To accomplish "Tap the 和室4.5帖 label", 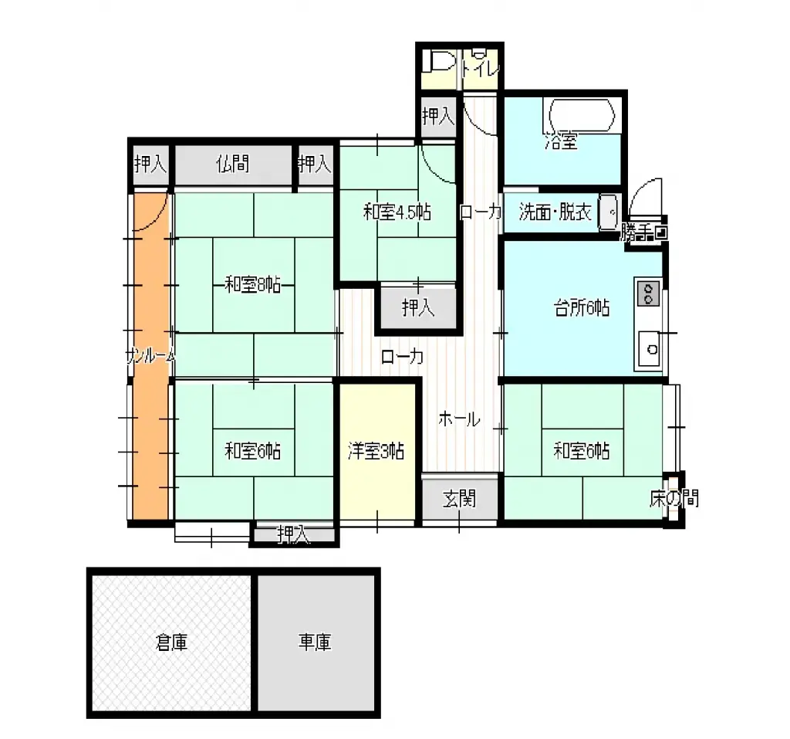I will click(x=397, y=212).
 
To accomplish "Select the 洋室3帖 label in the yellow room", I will click(x=376, y=451).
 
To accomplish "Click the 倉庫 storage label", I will click(x=171, y=642).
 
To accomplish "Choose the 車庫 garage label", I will click(x=315, y=642).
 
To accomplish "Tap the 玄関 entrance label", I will click(x=459, y=499).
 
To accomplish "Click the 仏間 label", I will click(x=232, y=164).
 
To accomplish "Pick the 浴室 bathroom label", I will click(x=561, y=141).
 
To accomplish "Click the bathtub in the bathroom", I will click(x=582, y=116).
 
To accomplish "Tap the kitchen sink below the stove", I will click(x=650, y=349).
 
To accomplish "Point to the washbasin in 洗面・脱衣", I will click(x=609, y=210).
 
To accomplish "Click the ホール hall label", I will click(x=460, y=420).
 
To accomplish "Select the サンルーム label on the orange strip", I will click(x=150, y=356).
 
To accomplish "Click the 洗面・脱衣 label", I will click(x=555, y=212).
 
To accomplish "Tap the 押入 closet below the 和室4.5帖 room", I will click(x=418, y=308).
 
